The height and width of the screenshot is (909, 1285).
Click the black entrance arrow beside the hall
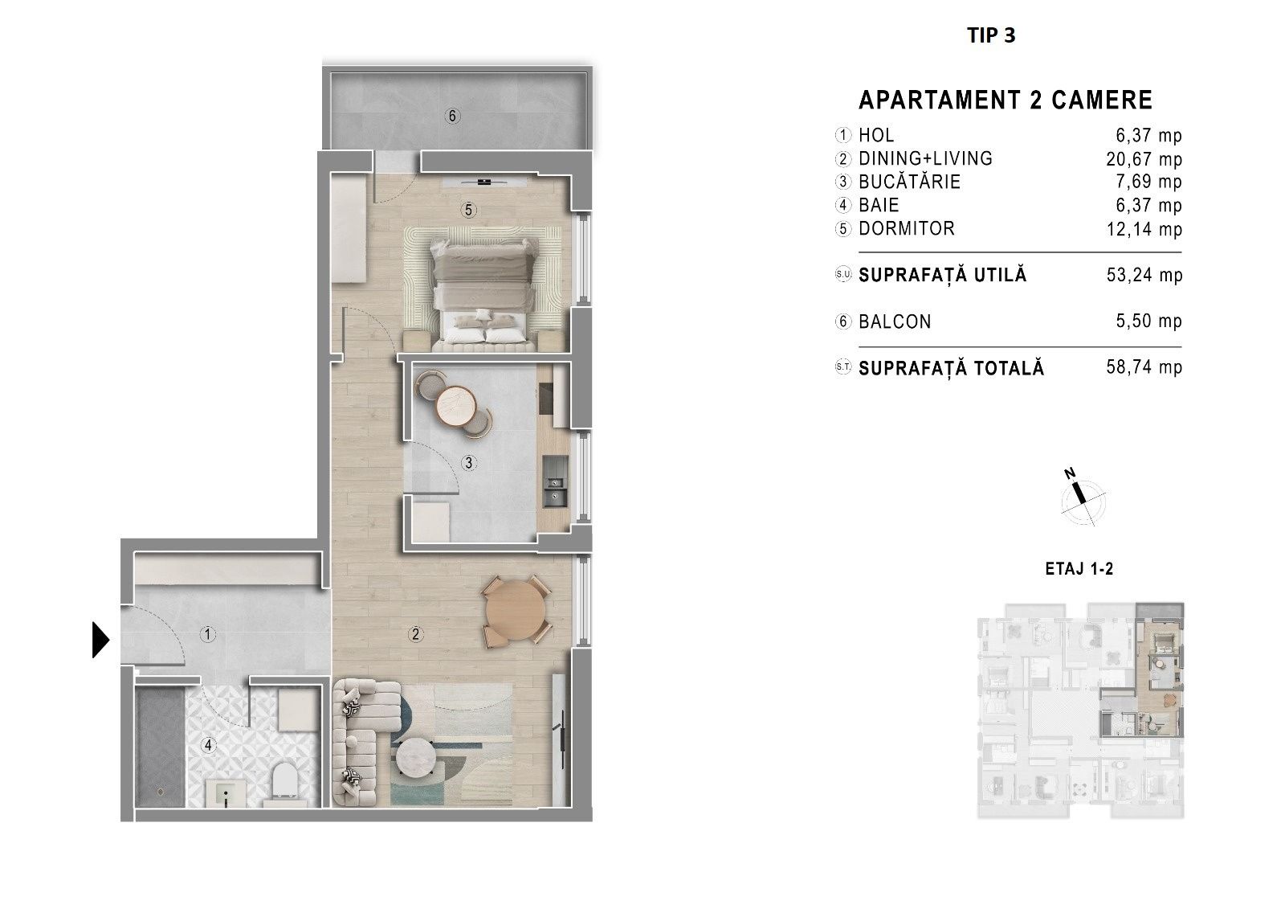click(x=100, y=640)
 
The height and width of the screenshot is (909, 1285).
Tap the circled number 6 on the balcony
click(x=453, y=116)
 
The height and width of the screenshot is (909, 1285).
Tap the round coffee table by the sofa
click(x=418, y=758)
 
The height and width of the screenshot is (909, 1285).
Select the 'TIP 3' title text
click(x=991, y=35)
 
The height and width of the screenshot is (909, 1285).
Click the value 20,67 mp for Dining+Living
click(x=1144, y=159)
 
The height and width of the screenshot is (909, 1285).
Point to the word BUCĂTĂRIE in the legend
click(x=909, y=182)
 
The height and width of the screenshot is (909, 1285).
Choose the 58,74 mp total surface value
click(x=1144, y=367)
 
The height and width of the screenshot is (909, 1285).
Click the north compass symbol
click(x=1081, y=498)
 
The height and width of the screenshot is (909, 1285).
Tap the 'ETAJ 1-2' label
click(x=1079, y=568)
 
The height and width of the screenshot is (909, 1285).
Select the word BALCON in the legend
click(x=895, y=321)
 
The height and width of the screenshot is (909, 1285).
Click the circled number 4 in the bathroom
click(x=208, y=745)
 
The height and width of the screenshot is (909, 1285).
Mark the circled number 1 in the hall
click(x=208, y=634)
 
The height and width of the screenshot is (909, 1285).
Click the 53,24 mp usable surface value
click(x=1144, y=275)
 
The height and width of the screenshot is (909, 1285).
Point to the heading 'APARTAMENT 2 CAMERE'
click(x=1005, y=100)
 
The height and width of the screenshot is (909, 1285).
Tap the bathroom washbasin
click(x=226, y=793)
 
